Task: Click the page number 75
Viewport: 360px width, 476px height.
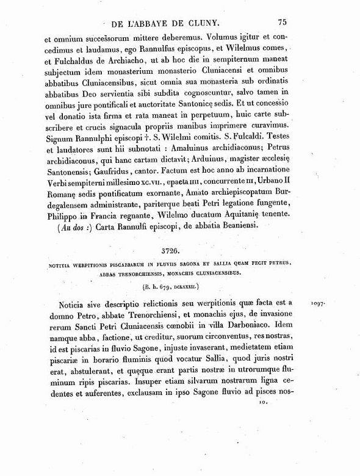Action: [281, 22]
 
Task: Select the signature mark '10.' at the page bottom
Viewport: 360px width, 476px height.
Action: [262, 403]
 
